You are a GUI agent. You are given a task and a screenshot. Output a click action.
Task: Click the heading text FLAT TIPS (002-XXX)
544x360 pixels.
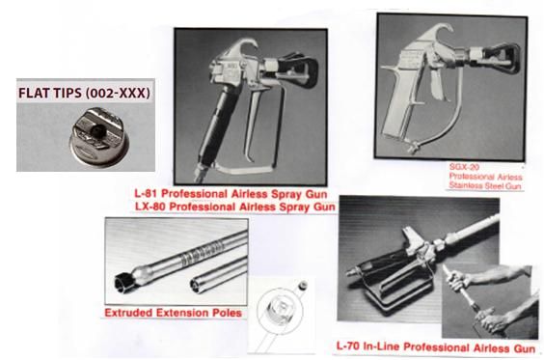84,93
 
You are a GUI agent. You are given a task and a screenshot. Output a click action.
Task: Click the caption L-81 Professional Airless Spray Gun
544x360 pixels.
231,193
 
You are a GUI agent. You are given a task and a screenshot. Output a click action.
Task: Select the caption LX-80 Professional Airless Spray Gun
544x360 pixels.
235,207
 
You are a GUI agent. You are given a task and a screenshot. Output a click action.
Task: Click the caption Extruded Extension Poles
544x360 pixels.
173,313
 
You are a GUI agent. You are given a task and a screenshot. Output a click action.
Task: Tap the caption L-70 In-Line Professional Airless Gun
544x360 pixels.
436,346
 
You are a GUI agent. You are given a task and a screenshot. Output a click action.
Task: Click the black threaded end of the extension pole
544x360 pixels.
123,281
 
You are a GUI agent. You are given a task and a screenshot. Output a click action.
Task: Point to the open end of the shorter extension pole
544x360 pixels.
196,286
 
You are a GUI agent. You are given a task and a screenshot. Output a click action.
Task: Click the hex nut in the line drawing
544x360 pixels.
280,307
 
